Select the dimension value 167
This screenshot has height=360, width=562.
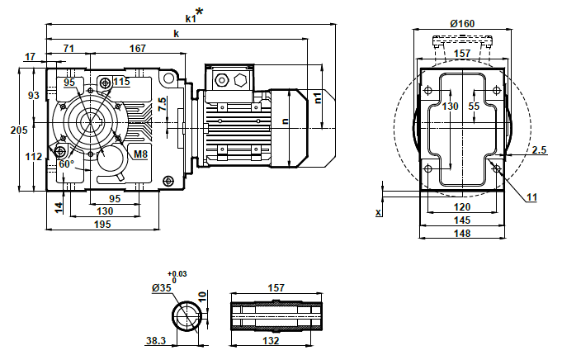click(138, 49)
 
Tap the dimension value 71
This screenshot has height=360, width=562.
click(68, 49)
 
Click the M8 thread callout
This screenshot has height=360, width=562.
click(140, 154)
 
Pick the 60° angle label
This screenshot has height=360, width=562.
click(66, 163)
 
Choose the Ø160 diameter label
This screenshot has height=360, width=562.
click(462, 23)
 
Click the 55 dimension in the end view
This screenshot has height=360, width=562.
click(474, 106)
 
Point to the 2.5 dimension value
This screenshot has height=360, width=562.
click(540, 149)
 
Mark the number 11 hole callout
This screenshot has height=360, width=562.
click(531, 197)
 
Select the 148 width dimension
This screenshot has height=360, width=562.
click(462, 234)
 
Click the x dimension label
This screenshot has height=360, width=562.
click(378, 212)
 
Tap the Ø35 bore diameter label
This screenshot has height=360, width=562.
click(162, 288)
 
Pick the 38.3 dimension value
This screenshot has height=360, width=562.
click(155, 340)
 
